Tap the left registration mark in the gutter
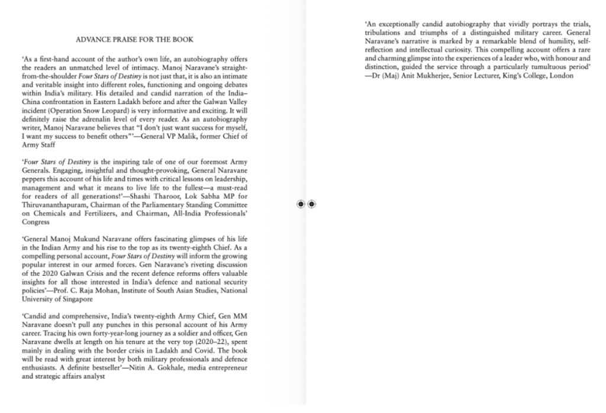point(301,204)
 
